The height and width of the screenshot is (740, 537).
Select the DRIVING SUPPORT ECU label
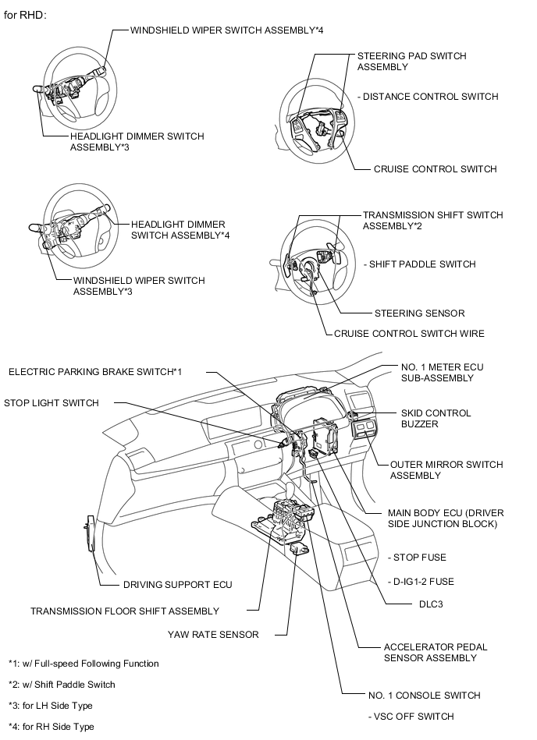177,584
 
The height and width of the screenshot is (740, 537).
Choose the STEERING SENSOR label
419,313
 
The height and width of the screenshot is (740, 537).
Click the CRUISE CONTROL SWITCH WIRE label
409,334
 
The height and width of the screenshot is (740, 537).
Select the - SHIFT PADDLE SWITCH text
419,264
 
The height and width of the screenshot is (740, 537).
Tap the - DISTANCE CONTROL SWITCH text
427,97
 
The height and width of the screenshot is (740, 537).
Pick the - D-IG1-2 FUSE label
421,582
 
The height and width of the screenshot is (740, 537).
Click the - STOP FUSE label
417,558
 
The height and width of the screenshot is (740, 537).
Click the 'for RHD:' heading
26,15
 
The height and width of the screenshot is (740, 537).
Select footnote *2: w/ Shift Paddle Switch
62,685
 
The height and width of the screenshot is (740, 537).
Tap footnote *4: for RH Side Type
52,727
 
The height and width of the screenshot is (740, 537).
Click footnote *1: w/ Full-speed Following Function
84,664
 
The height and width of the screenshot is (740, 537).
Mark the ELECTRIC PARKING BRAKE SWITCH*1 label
95,372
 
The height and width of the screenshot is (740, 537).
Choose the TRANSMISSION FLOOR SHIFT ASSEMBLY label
125,611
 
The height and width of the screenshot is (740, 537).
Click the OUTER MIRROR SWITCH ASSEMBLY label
446,470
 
